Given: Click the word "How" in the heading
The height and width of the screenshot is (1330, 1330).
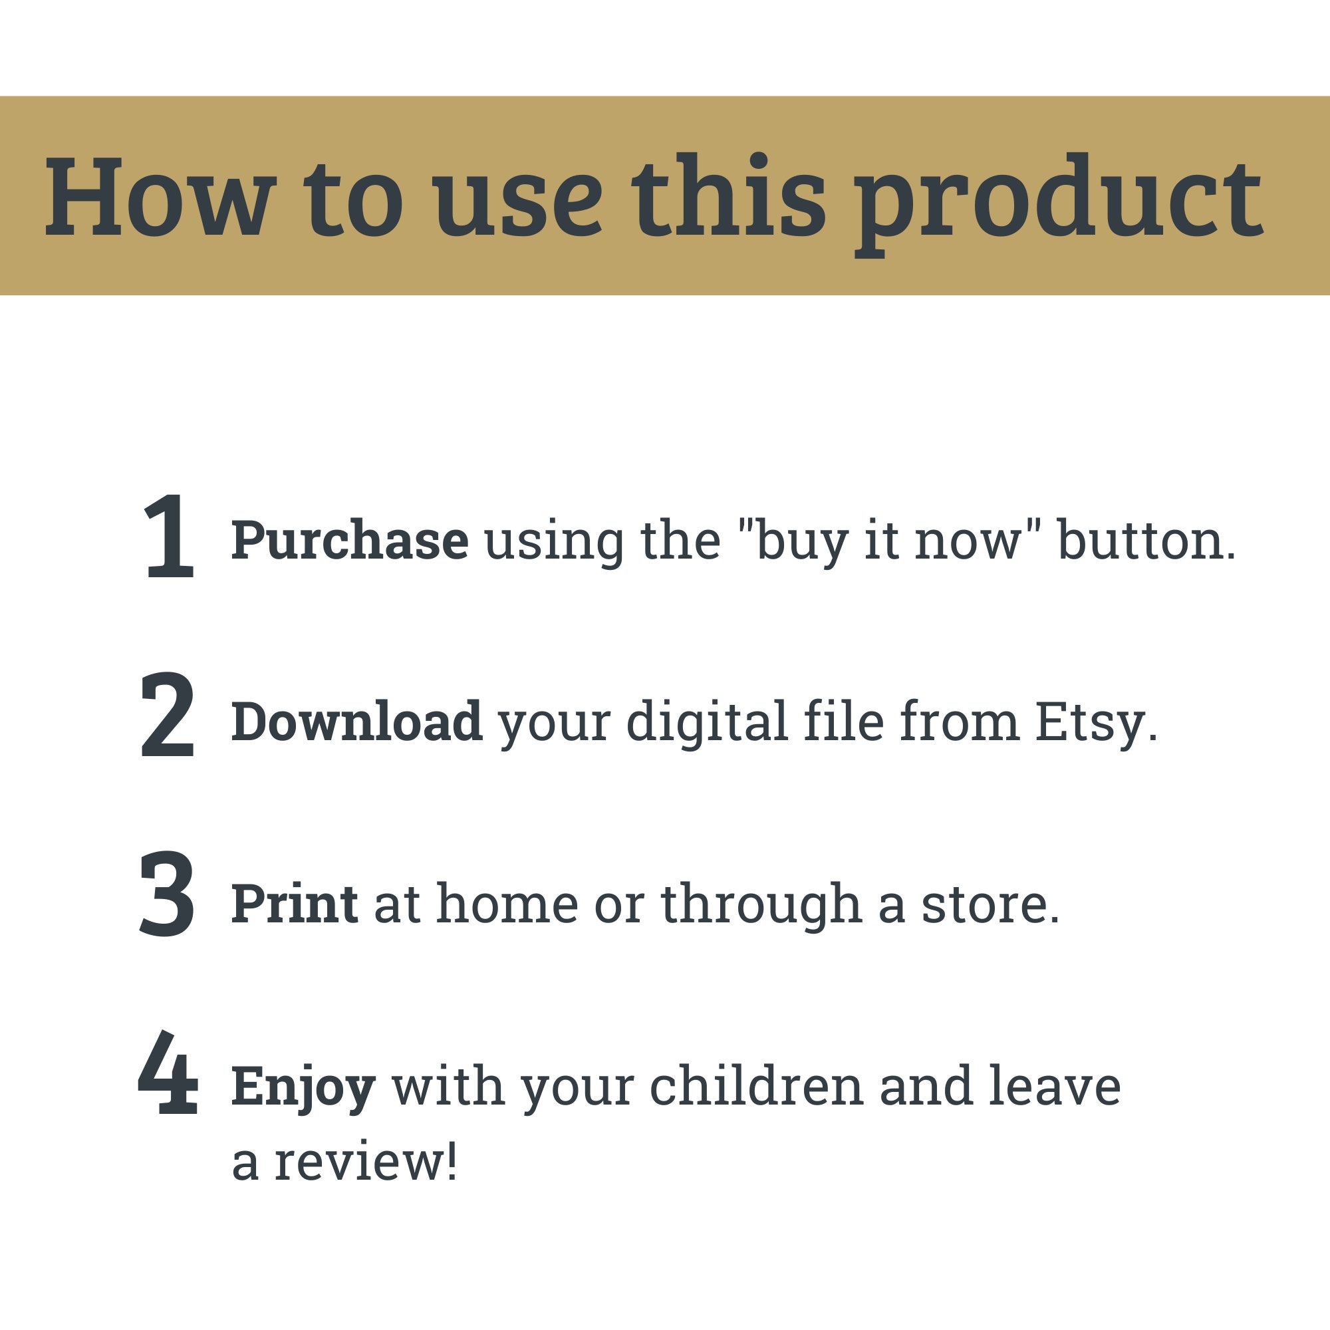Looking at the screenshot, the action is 160,197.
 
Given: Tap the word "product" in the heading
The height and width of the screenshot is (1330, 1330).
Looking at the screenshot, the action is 1059,204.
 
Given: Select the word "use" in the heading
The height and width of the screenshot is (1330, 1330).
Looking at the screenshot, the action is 519,205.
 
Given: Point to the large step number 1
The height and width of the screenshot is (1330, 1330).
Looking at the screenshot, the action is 170,536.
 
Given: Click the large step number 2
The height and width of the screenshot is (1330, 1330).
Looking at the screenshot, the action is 168,716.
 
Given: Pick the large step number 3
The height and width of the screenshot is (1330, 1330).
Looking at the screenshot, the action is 168,894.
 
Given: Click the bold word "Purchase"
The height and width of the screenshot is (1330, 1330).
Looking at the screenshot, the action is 350,540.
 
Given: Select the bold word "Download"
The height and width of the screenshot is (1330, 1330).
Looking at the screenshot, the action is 356,721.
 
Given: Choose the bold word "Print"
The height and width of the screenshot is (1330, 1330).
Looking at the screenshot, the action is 294,903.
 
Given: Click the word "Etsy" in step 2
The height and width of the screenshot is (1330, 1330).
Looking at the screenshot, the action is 1090,724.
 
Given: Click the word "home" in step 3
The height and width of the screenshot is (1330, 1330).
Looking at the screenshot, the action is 507,902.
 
